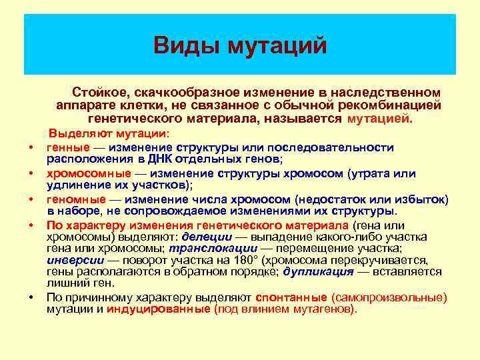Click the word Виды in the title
point(187,45)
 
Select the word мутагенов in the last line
point(327,310)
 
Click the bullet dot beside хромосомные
point(31,175)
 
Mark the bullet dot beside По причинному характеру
point(31,298)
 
